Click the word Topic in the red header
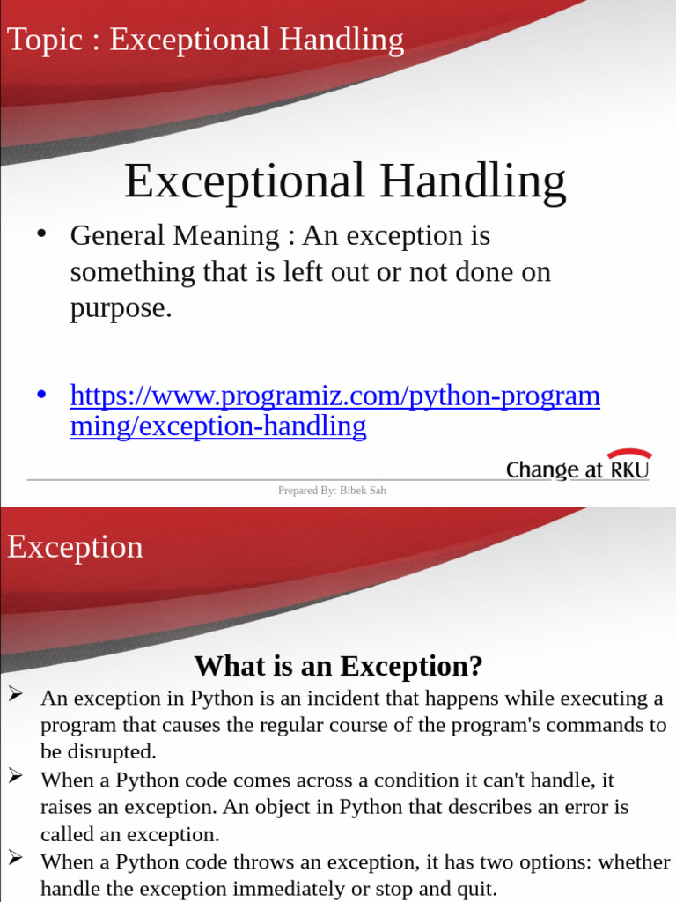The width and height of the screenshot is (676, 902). click(45, 41)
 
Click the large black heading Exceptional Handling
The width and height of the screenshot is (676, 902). click(345, 181)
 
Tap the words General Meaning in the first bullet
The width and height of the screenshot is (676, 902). click(175, 236)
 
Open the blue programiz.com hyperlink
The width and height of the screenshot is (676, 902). click(335, 410)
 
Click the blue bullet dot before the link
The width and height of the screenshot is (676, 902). click(41, 396)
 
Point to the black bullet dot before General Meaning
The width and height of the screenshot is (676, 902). click(41, 234)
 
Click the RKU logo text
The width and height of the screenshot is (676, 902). click(629, 470)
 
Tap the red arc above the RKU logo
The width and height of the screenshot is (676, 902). click(628, 453)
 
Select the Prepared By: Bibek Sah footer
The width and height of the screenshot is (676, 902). click(332, 491)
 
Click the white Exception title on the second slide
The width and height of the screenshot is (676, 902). click(75, 546)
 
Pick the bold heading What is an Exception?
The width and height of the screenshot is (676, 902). click(338, 666)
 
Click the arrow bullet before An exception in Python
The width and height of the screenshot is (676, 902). click(15, 694)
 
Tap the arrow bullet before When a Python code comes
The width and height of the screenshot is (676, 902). click(15, 776)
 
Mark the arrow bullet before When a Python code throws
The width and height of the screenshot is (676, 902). click(15, 858)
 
